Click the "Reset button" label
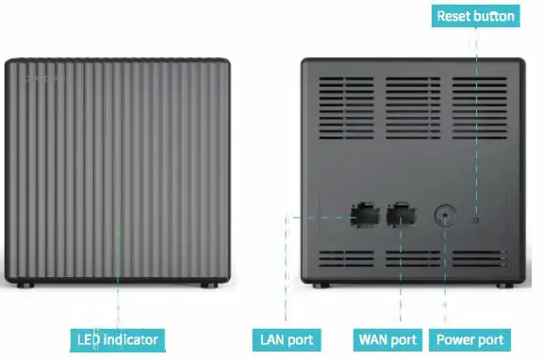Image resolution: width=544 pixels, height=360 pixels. click(x=476, y=16)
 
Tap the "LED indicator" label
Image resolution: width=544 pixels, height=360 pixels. click(x=119, y=339)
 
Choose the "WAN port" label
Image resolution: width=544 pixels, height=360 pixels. click(x=387, y=339)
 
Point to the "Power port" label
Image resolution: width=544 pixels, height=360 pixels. click(x=470, y=339)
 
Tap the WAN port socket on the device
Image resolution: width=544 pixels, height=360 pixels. click(x=402, y=215)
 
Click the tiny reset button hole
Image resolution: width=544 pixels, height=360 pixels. click(x=475, y=219)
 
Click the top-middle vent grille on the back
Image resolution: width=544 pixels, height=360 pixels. click(x=412, y=100)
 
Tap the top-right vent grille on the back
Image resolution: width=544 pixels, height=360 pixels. click(x=479, y=100)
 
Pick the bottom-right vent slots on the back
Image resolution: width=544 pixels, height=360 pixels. click(x=480, y=258)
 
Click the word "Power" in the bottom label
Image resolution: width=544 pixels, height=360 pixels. click(x=456, y=339)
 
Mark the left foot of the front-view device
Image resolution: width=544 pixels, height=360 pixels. click(x=24, y=285)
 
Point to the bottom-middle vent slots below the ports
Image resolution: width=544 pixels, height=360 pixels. click(x=412, y=258)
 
